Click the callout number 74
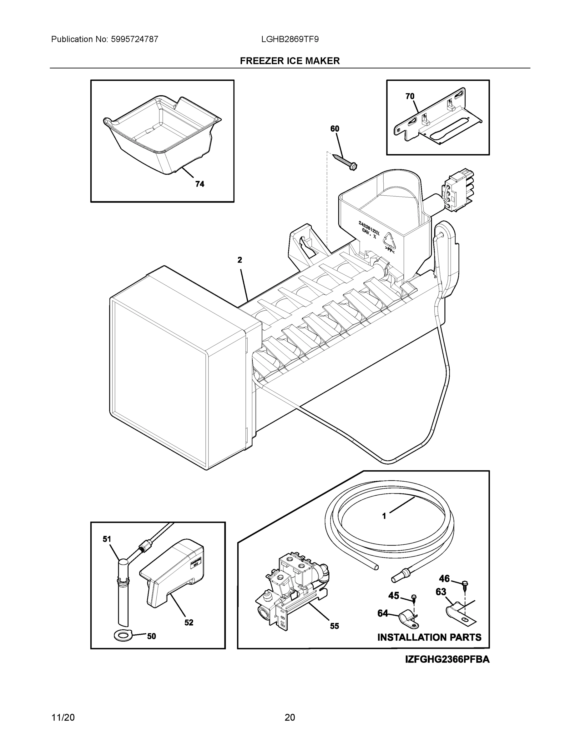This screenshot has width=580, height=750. tap(199, 184)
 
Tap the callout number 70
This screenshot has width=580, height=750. tap(410, 97)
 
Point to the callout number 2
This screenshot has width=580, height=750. tap(240, 260)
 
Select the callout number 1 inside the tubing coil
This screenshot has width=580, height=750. tap(384, 526)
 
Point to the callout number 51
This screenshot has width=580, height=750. tap(107, 539)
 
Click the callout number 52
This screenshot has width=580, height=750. tap(189, 622)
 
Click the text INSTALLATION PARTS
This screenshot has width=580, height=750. tap(429, 637)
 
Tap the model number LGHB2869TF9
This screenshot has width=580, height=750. tap(290, 39)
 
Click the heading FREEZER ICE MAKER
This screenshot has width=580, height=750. tap(290, 61)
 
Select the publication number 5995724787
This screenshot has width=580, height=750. tap(134, 39)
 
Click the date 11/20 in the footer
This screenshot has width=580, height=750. tap(63, 717)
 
